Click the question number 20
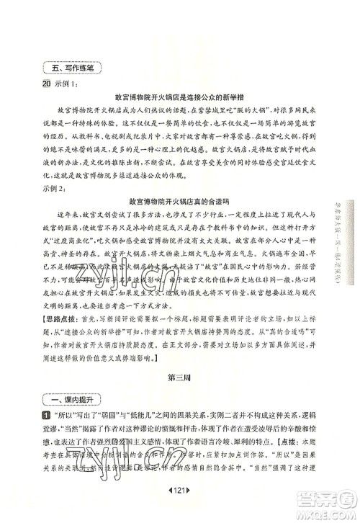pos(47,84)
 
